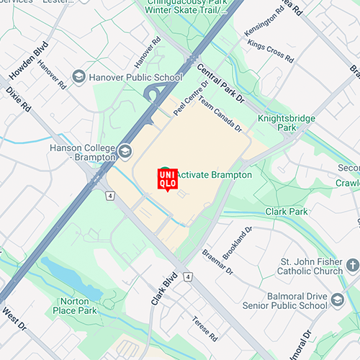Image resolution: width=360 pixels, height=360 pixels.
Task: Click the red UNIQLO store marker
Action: tap(167, 179)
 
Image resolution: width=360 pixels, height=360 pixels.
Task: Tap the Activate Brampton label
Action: tap(214, 175)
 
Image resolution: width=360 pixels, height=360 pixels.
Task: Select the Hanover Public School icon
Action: tap(78, 75)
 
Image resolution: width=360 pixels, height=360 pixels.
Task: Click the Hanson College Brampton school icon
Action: tap(126, 150)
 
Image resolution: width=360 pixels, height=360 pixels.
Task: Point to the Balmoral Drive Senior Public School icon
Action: tap(338, 300)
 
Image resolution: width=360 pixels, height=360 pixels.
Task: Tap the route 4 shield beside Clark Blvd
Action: tap(187, 276)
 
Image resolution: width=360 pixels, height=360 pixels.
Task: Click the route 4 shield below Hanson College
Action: tap(109, 195)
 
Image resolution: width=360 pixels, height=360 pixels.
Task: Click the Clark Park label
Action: tap(287, 212)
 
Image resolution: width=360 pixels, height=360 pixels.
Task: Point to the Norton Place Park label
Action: tap(75, 306)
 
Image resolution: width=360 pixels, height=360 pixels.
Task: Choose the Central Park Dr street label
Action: tap(221, 82)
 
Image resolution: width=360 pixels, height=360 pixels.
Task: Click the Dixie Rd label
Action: tap(18, 99)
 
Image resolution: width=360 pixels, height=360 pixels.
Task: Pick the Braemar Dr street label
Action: tap(217, 264)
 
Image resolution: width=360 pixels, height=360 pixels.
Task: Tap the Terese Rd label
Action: tap(204, 328)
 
